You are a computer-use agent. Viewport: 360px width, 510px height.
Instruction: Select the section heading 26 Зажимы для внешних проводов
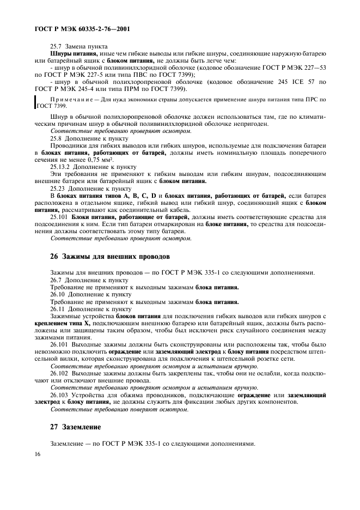(109, 256)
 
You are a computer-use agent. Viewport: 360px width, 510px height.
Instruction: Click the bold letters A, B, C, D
(139, 195)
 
